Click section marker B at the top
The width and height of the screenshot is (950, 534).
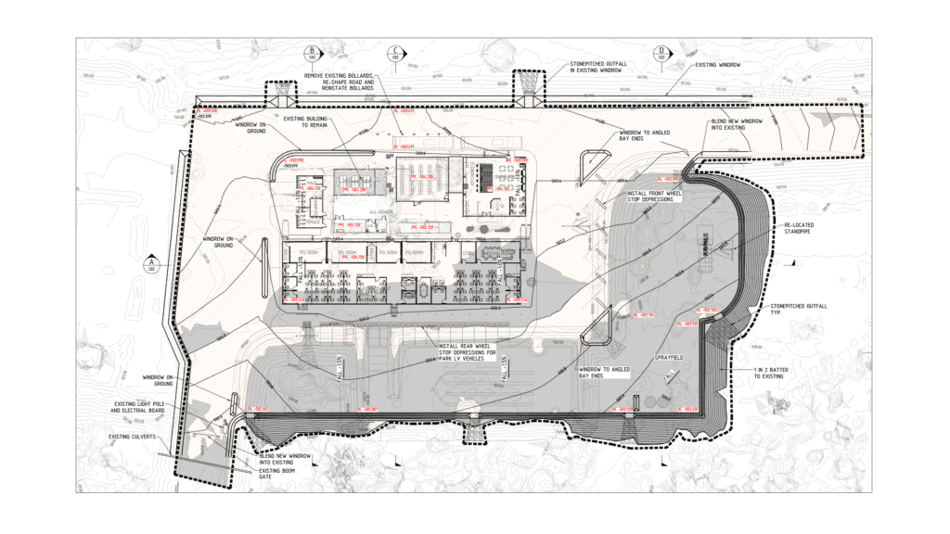pos(313,53)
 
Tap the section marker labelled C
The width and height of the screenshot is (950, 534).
pos(396,53)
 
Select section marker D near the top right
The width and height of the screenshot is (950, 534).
pos(661,53)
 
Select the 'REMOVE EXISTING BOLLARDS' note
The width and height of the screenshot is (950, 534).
pos(340,82)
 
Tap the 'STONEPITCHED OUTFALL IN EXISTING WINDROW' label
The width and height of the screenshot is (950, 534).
pos(598,67)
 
